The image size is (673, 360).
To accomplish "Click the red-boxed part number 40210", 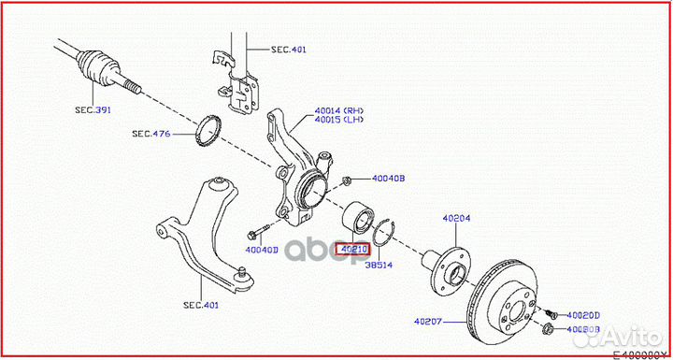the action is click(354, 250).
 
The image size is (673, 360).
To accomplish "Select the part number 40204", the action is click(456, 218).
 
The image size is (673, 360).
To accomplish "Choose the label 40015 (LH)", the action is click(339, 121).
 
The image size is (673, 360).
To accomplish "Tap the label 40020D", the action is click(584, 315).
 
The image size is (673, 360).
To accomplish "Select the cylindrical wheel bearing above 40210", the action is click(357, 220).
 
